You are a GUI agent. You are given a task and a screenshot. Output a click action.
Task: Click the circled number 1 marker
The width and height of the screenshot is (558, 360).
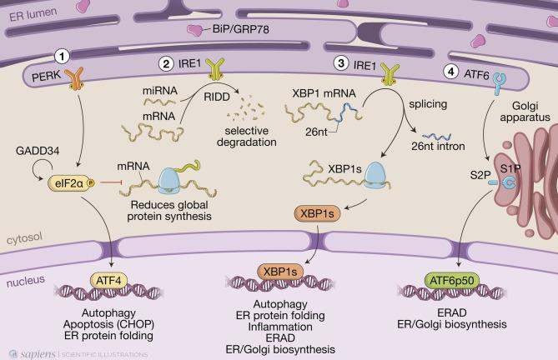(62, 56)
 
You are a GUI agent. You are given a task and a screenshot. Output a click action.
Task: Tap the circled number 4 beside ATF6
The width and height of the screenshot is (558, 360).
(451, 72)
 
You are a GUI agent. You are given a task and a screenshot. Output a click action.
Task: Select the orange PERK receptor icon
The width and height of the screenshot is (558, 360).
(76, 77)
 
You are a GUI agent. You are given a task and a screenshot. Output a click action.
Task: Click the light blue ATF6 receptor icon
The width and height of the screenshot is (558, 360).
(500, 83)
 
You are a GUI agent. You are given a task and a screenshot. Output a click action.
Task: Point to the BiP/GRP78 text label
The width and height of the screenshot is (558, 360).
(240, 29)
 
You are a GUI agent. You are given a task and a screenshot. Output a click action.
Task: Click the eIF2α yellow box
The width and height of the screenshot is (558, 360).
(71, 183)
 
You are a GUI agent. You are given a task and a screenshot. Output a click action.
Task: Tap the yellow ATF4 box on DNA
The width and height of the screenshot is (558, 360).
(108, 281)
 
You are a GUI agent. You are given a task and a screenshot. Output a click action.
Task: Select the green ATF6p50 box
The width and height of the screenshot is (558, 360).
(452, 281)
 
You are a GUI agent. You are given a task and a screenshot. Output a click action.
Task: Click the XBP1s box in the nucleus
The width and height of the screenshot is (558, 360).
(280, 272)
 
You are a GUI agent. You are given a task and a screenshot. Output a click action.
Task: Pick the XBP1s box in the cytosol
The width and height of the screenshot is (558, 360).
(317, 213)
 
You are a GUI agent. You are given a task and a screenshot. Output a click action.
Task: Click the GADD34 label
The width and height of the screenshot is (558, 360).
(38, 151)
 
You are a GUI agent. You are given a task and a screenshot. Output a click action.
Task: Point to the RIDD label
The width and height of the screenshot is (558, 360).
(217, 97)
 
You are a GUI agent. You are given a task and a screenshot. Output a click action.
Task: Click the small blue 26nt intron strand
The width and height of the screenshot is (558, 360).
(437, 137)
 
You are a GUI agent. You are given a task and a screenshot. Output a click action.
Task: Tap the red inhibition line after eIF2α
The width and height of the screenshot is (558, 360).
(112, 182)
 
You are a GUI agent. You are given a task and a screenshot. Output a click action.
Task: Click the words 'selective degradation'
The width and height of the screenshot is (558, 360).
(247, 137)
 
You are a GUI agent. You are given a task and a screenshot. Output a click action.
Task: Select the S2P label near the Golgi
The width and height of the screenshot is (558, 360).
(480, 175)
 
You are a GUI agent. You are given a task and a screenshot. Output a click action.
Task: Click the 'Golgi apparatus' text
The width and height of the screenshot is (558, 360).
(525, 111)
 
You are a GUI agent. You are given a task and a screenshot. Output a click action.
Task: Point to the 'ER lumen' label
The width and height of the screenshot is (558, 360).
(33, 14)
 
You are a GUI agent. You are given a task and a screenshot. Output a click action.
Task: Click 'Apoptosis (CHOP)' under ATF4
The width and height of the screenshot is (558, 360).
(108, 324)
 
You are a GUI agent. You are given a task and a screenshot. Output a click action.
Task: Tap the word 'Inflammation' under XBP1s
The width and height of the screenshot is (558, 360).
(280, 327)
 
